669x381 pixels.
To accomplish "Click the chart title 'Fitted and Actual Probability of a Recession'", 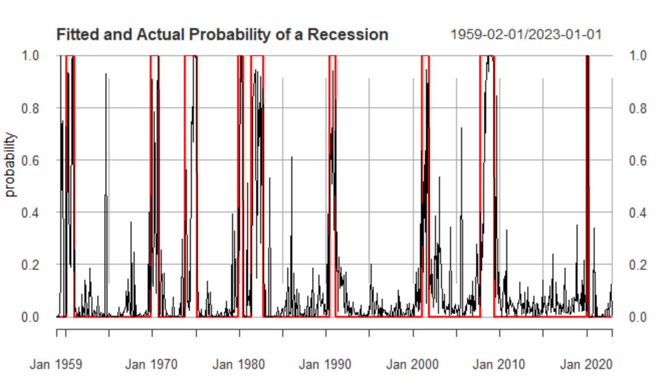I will (x=222, y=35).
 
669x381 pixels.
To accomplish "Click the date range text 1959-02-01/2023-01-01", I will (x=526, y=35).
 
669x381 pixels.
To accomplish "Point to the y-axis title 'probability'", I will (x=11, y=165).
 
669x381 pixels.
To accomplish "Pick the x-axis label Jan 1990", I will (x=325, y=364).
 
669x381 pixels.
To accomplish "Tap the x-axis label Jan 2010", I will (x=500, y=364).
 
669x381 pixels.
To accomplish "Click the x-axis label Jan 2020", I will (x=586, y=364).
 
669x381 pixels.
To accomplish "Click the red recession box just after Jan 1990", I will (x=333, y=170).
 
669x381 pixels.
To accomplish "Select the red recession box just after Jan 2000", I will (x=425, y=170).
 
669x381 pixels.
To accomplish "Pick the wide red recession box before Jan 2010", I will (x=487, y=170).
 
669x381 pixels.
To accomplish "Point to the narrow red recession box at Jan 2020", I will (x=588, y=170).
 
